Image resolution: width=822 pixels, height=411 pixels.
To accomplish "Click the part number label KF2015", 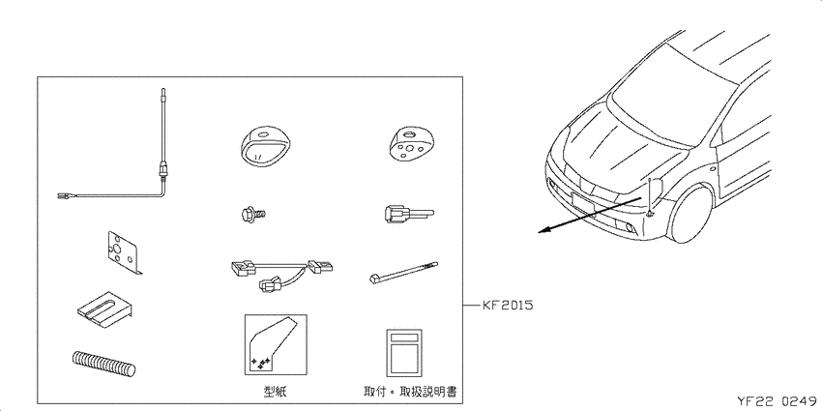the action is [x=507, y=305].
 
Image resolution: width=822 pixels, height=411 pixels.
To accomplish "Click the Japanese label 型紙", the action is [x=275, y=391].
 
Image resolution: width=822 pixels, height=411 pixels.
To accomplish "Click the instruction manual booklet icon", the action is [x=403, y=353].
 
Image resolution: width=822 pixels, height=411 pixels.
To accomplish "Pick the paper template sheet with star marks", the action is [x=276, y=344].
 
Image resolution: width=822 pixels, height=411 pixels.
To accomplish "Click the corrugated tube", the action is [x=103, y=364].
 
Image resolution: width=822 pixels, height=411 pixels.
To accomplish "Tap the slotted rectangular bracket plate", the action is [x=104, y=309].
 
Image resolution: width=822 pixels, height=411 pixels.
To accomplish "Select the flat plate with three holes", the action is [x=123, y=252].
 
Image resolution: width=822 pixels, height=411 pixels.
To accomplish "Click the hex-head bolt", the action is [x=253, y=214].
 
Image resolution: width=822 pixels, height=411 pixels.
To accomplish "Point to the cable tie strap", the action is [x=403, y=273].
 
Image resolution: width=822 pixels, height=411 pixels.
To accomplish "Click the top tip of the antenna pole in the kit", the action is [x=163, y=89].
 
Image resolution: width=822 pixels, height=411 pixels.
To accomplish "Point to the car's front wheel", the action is [x=690, y=214].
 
